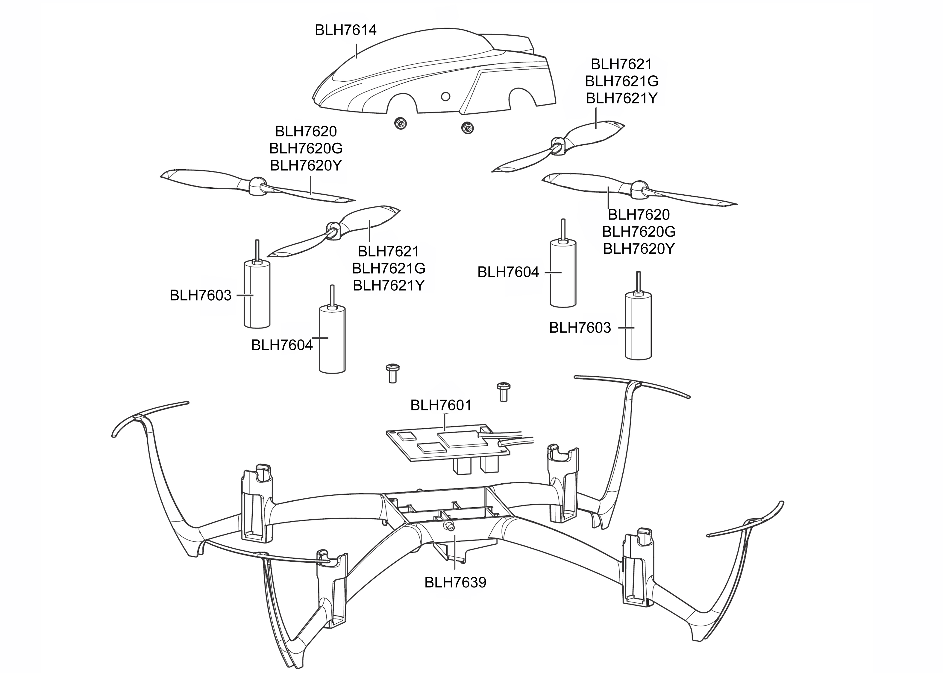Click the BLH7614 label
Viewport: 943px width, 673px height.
pyautogui.click(x=345, y=30)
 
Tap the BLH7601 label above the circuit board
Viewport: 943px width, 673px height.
pyautogui.click(x=441, y=405)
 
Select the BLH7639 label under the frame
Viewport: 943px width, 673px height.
pyautogui.click(x=455, y=583)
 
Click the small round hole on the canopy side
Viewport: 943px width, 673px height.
pyautogui.click(x=445, y=97)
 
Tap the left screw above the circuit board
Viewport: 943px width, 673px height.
pyautogui.click(x=392, y=373)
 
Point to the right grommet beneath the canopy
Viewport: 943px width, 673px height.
pyautogui.click(x=467, y=128)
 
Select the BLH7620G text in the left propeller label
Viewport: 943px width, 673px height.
pyautogui.click(x=306, y=148)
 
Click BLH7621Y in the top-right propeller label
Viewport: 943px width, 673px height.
pyautogui.click(x=621, y=98)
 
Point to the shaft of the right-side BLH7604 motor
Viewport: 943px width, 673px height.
pyautogui.click(x=563, y=229)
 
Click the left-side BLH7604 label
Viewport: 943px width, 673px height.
pyautogui.click(x=282, y=345)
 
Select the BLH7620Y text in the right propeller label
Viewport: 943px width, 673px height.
pyautogui.click(x=639, y=249)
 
